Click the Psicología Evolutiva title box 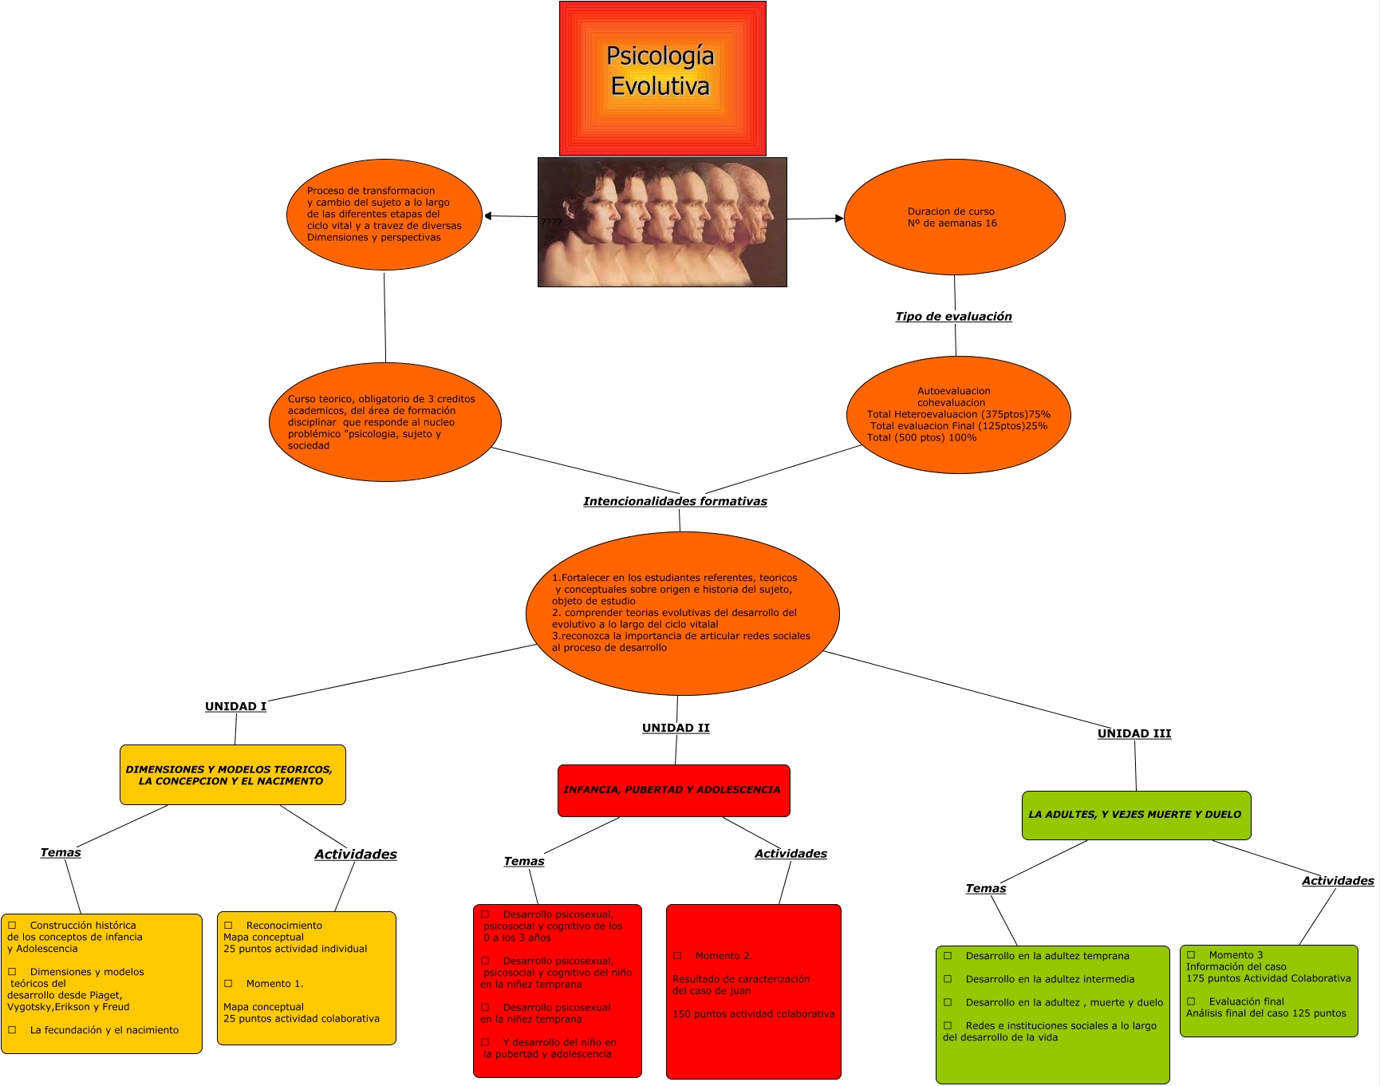coord(662,78)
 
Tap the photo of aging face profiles coord(662,222)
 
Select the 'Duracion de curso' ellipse coord(954,217)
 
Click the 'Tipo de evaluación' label coord(953,317)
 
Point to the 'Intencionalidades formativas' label coord(675,501)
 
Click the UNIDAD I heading coord(235,706)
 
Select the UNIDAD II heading coord(676,728)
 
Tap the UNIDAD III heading coord(1134,733)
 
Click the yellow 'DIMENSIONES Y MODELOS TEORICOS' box coord(232,775)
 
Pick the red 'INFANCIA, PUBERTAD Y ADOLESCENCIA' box coord(673,790)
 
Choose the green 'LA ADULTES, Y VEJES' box coord(1136,815)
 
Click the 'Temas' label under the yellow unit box coord(61,852)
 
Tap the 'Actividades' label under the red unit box coord(791,854)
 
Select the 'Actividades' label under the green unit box coord(1337,881)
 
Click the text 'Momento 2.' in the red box coord(724,956)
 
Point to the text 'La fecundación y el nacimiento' coord(104,1030)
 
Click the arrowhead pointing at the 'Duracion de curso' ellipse coord(838,218)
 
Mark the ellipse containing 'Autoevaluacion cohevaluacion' coord(958,415)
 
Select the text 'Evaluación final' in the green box coord(1246,1001)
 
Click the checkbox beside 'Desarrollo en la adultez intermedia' coord(948,979)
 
